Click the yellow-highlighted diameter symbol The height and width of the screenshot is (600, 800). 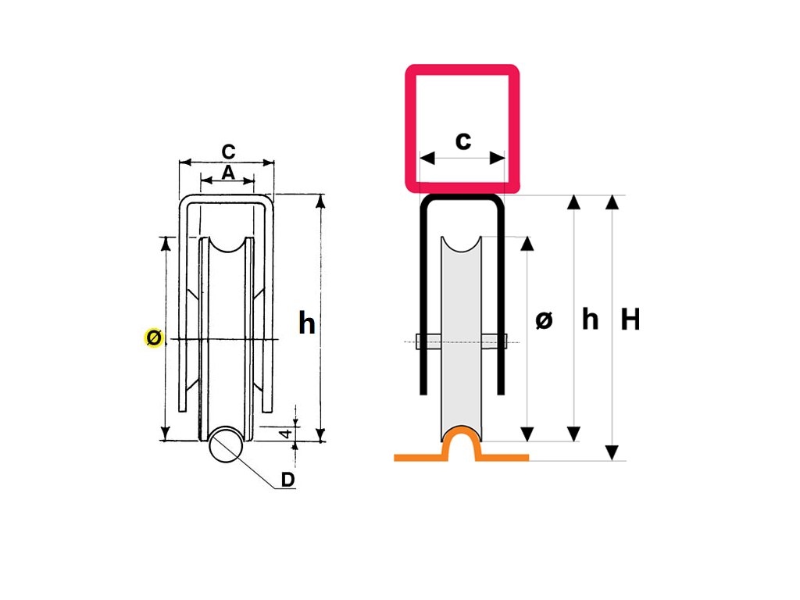tap(154, 337)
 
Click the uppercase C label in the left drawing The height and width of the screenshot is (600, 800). tap(228, 151)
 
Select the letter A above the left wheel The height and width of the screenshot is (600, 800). tap(227, 173)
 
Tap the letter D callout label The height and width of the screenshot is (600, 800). tap(287, 480)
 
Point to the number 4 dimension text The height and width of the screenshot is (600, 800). tap(287, 432)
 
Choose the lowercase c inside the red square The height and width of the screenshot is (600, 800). tap(462, 141)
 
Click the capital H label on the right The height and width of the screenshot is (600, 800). tap(630, 319)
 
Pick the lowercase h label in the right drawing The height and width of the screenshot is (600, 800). tap(590, 319)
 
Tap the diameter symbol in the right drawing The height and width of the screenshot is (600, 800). tap(545, 320)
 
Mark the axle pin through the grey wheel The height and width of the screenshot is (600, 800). tap(461, 341)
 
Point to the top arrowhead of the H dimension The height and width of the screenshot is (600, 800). tap(612, 202)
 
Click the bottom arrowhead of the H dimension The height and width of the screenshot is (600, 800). tap(612, 452)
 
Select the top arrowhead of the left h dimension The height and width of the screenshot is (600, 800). tap(320, 202)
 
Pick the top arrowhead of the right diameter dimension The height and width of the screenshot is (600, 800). tap(528, 244)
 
